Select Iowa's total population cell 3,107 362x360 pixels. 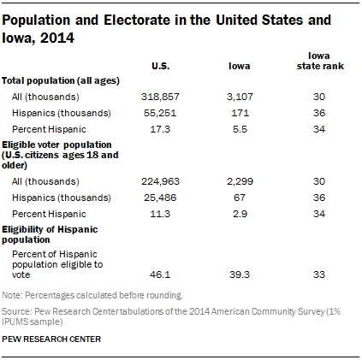tap(239, 97)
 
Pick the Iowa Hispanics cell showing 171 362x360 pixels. tap(239, 113)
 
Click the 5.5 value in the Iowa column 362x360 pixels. tap(239, 128)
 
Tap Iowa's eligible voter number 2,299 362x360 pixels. tap(239, 180)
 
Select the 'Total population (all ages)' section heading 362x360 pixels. tap(60, 80)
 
